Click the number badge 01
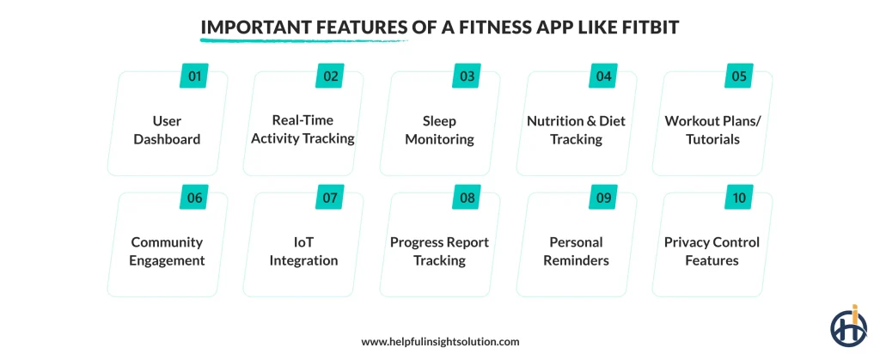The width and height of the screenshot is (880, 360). click(x=195, y=76)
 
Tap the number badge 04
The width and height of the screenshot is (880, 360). click(x=604, y=76)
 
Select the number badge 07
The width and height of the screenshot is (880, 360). click(x=331, y=198)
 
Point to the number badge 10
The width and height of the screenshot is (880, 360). click(x=740, y=198)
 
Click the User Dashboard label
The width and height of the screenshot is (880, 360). click(x=167, y=130)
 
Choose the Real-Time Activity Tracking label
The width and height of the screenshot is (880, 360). click(x=303, y=130)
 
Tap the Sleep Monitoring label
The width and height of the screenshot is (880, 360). click(x=439, y=130)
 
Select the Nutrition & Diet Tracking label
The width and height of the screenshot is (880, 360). click(x=576, y=130)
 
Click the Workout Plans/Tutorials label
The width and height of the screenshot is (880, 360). click(x=712, y=130)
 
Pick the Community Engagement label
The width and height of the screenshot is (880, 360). click(x=167, y=251)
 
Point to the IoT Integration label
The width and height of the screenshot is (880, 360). click(x=303, y=251)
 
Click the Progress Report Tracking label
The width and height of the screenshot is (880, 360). click(x=439, y=251)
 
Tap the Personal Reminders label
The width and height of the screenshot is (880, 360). click(x=576, y=251)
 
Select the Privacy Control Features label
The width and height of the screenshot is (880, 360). click(x=712, y=251)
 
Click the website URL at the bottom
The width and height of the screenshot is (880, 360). click(x=440, y=341)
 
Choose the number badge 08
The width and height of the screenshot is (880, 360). click(x=467, y=198)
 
